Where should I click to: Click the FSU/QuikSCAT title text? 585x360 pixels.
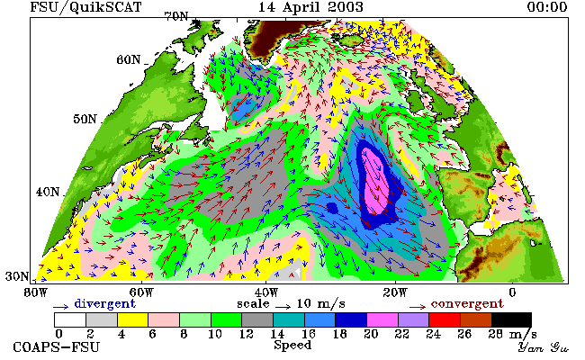coord(85,7)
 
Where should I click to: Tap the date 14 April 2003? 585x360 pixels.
coord(310,7)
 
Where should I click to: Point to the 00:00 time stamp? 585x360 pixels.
coord(547,7)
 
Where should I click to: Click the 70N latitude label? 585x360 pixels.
coord(176,16)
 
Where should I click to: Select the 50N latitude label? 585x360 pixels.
coord(85,119)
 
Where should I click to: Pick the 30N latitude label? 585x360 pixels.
coord(17,276)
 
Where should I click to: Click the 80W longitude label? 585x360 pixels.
coord(36,292)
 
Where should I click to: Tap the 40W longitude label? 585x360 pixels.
coord(266,292)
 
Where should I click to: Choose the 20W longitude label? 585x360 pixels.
coord(395,292)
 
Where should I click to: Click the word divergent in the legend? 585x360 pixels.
coord(104,304)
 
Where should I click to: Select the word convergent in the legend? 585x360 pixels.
coord(467,304)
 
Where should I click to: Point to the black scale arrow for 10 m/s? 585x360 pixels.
coord(283,307)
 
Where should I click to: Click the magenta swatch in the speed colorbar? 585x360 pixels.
coord(382,320)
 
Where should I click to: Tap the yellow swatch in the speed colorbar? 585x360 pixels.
coord(133,320)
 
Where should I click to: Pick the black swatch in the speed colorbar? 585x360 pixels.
coord(511,320)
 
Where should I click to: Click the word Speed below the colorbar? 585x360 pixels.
coord(292,346)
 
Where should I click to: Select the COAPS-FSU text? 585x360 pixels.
coord(57,347)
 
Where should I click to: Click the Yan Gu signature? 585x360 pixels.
coord(543,347)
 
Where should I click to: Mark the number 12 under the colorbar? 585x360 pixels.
coord(247,334)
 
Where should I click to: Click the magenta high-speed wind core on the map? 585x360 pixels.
coord(375,182)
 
